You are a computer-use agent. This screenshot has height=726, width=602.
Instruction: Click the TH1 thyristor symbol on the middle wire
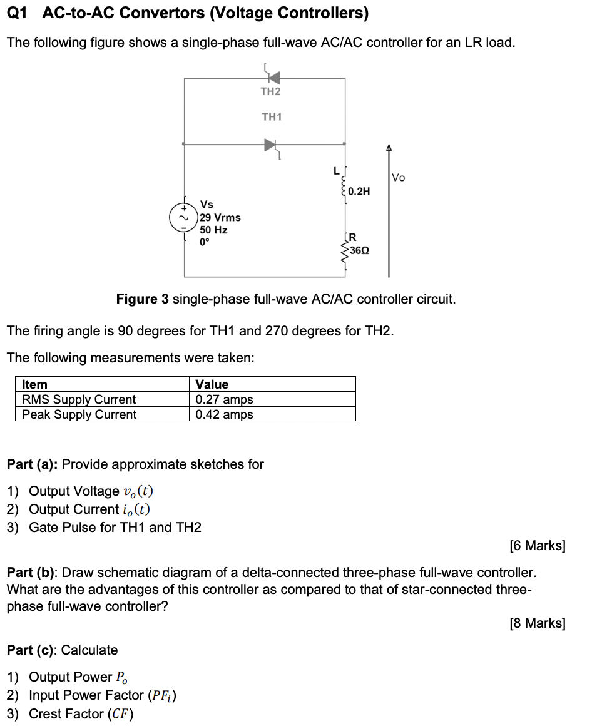(x=270, y=145)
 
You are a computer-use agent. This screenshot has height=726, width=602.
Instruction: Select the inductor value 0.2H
(x=359, y=192)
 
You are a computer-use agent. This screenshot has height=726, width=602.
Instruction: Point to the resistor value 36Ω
(x=359, y=250)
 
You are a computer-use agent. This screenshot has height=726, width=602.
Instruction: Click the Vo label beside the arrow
(x=398, y=178)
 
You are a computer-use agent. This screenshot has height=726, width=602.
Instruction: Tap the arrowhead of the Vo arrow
(x=389, y=148)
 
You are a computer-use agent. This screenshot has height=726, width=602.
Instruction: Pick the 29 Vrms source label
(x=220, y=217)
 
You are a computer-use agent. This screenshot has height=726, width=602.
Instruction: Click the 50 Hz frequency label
(x=213, y=230)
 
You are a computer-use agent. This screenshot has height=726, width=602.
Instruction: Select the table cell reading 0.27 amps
(x=224, y=399)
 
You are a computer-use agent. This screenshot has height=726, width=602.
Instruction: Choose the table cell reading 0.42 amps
(x=224, y=414)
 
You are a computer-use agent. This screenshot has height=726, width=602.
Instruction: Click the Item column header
(x=34, y=384)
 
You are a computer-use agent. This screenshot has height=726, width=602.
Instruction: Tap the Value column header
(x=212, y=384)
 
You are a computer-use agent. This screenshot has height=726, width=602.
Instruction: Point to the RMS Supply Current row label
(x=79, y=399)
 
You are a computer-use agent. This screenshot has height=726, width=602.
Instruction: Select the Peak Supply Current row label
(x=79, y=414)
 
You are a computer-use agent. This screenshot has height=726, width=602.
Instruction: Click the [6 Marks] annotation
(x=538, y=546)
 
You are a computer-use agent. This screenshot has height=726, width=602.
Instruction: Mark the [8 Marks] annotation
(x=538, y=623)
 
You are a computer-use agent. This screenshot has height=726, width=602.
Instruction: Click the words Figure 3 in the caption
(x=143, y=299)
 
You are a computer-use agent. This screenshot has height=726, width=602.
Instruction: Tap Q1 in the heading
(x=19, y=13)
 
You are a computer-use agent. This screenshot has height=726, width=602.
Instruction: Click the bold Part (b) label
(x=31, y=573)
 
